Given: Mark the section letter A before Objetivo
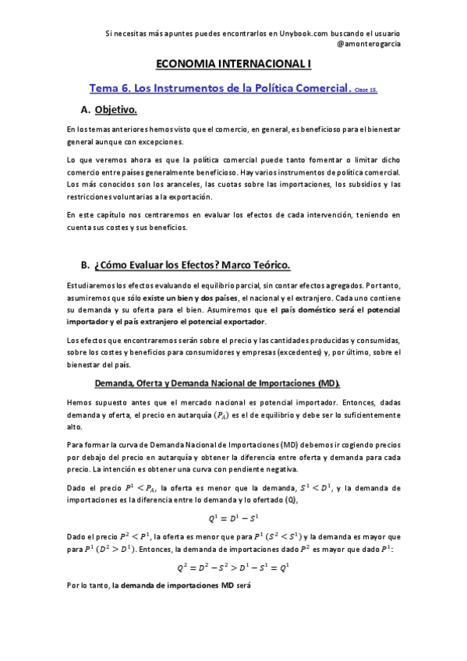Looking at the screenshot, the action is (85, 110).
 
